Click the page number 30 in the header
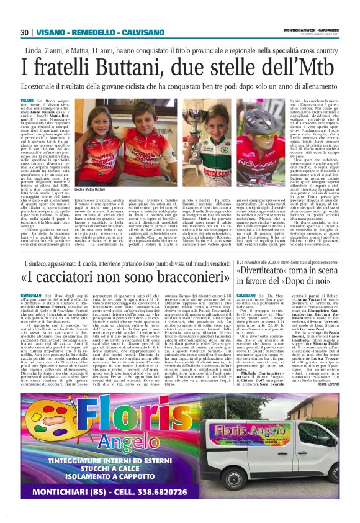pos(25,32)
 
